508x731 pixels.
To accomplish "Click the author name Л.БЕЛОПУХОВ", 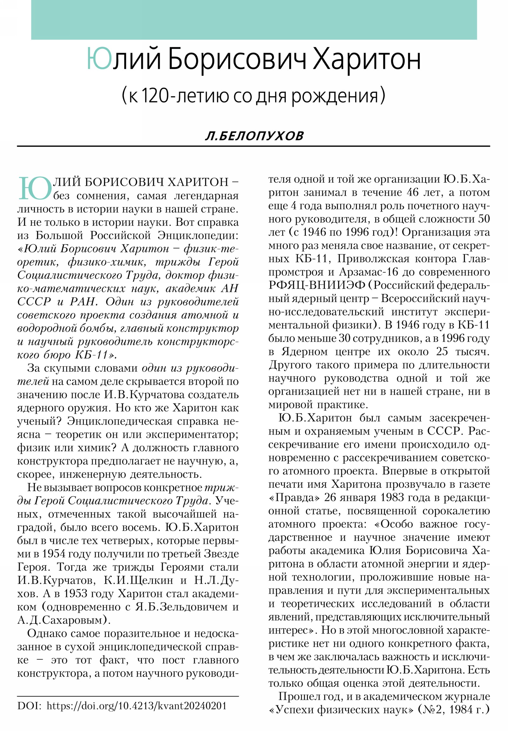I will point(254,136).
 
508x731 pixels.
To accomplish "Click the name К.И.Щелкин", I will point(138,580).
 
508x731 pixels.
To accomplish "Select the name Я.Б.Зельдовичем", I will point(180,606).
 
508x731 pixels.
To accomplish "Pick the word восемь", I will point(142,527).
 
